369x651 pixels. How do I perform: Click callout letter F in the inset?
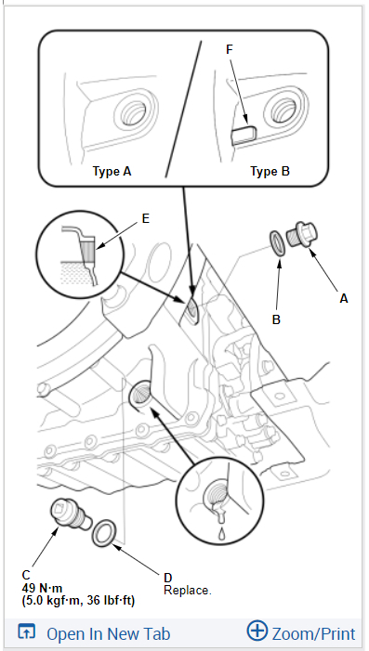pyautogui.click(x=230, y=49)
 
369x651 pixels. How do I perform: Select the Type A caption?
pyautogui.click(x=112, y=171)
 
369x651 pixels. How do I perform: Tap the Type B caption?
pyautogui.click(x=270, y=171)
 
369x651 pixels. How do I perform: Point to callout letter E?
pyautogui.click(x=145, y=218)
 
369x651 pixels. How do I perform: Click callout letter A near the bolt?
pyautogui.click(x=344, y=298)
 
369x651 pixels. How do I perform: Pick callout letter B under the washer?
pyautogui.click(x=276, y=319)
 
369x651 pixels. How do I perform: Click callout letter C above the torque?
pyautogui.click(x=26, y=575)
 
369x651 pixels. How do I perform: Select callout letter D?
pyautogui.click(x=168, y=578)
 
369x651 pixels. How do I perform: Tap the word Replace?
pyautogui.click(x=188, y=590)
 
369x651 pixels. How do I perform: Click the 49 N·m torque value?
pyautogui.click(x=43, y=588)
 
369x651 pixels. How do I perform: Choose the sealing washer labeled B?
pyautogui.click(x=277, y=241)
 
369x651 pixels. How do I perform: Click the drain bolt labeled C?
pyautogui.click(x=70, y=515)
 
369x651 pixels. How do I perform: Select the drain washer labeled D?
pyautogui.click(x=103, y=533)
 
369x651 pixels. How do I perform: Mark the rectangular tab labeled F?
pyautogui.click(x=244, y=134)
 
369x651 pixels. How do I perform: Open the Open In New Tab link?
pyautogui.click(x=94, y=633)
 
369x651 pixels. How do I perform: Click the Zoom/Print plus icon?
pyautogui.click(x=257, y=631)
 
